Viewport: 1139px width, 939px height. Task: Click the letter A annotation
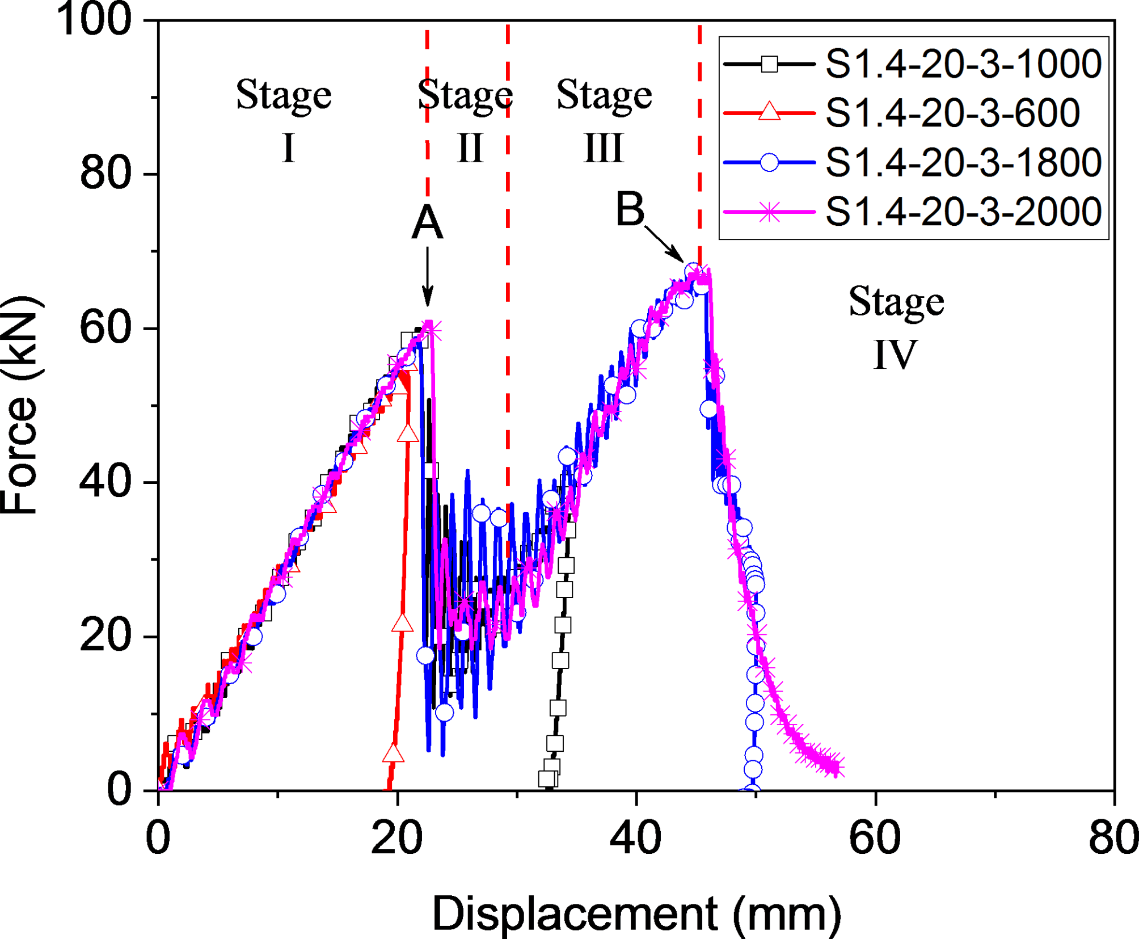(427, 222)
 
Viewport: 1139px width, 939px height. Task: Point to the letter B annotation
(630, 209)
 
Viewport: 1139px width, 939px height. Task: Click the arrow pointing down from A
(428, 276)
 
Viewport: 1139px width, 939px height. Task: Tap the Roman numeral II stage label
(470, 149)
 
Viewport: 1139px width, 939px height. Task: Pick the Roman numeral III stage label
(604, 149)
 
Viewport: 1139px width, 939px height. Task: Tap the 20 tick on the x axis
(396, 838)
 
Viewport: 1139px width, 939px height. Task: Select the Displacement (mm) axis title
(636, 913)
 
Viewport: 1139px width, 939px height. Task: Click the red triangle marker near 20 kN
(402, 624)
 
